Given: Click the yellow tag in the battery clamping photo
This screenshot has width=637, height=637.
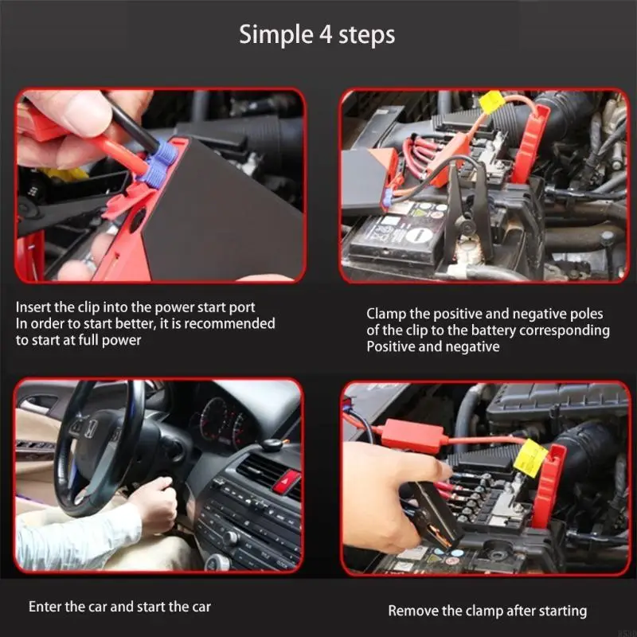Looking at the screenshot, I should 492,102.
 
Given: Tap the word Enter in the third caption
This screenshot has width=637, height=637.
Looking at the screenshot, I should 45,607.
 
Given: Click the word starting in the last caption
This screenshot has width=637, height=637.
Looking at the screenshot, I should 561,611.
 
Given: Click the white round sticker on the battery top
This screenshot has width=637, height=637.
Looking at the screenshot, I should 419,235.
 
